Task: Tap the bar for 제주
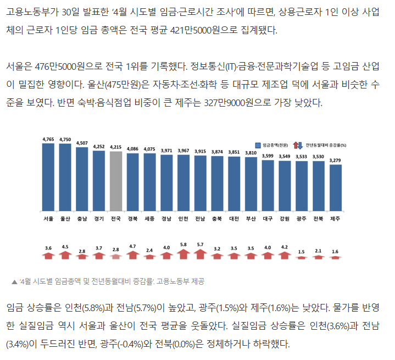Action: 336,187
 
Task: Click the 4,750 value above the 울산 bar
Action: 65,139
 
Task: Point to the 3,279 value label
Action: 336,160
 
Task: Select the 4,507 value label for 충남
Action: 82,143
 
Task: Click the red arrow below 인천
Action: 183,254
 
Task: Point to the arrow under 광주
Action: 302,257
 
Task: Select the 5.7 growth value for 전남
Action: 200,244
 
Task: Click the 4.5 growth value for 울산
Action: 65,247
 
